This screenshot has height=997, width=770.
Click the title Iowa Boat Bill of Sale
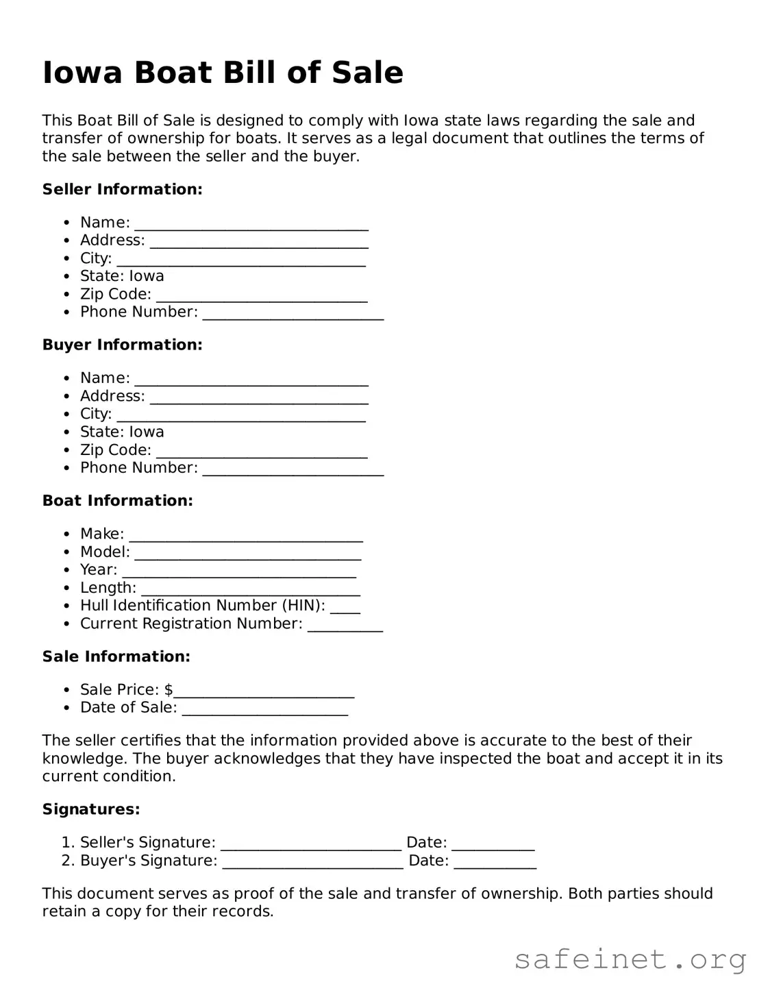(x=223, y=73)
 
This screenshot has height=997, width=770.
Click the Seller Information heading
(x=122, y=189)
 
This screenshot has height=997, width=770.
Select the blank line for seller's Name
(x=251, y=224)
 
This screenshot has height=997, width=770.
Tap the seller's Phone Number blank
(x=293, y=314)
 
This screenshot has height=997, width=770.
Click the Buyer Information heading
(x=122, y=345)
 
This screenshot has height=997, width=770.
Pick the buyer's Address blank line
(x=259, y=397)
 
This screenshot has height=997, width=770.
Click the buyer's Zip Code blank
(x=262, y=452)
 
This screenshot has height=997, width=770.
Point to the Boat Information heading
(x=117, y=501)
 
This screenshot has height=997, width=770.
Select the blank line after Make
(x=246, y=535)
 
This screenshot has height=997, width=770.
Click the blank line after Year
(x=239, y=571)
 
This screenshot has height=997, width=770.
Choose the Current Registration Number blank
(x=345, y=625)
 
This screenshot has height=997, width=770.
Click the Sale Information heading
(x=116, y=656)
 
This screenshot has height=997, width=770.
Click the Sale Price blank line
(x=264, y=691)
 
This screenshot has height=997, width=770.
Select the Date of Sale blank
(x=265, y=709)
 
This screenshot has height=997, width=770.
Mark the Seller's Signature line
(x=311, y=844)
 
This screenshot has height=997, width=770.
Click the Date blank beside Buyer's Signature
(x=495, y=862)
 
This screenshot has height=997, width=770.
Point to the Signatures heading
(x=91, y=809)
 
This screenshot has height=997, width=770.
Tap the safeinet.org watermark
(x=630, y=959)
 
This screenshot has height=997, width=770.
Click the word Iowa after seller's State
(x=147, y=276)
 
